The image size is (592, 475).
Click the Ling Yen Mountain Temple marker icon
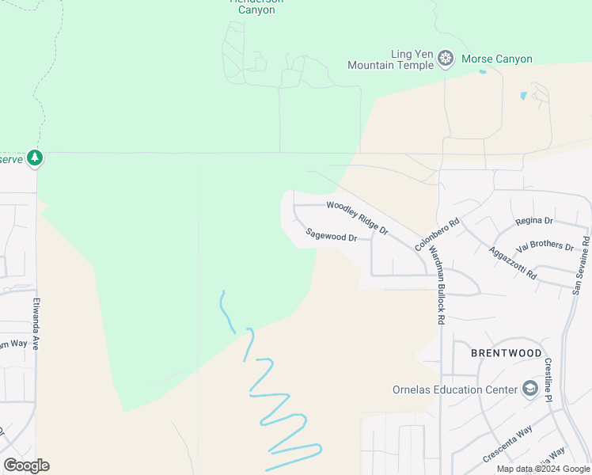tap(446, 59)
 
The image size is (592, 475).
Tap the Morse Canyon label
tap(497, 59)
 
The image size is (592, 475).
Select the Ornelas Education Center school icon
tap(529, 389)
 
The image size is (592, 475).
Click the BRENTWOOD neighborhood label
tap(507, 353)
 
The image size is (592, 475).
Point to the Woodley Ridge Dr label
tap(358, 218)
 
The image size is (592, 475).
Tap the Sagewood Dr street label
tap(332, 234)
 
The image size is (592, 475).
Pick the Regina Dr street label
tap(533, 221)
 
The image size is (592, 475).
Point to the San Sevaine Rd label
tap(581, 265)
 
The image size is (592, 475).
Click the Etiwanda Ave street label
tap(36, 324)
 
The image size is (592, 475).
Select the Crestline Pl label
tap(548, 380)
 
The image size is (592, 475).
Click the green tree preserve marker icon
tap(34, 158)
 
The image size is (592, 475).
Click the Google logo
tap(26, 465)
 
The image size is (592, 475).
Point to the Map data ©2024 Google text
tap(542, 469)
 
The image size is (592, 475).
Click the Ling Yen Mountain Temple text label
tap(390, 59)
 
